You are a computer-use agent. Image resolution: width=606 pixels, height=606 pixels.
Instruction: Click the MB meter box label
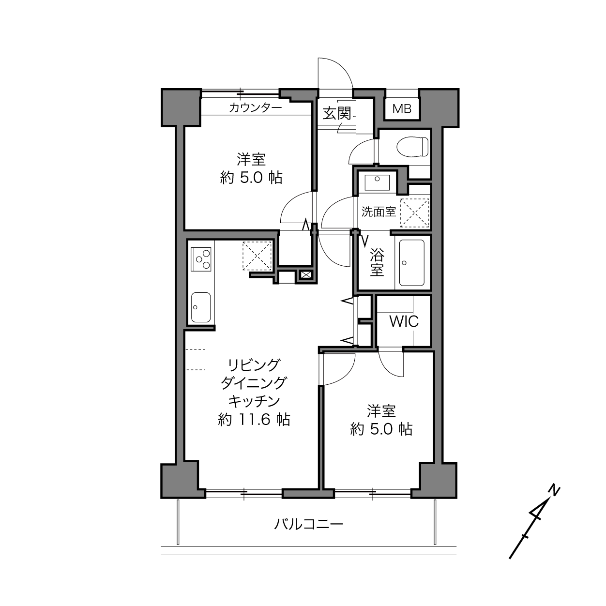402,109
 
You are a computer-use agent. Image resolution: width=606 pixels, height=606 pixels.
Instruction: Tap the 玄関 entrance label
337,113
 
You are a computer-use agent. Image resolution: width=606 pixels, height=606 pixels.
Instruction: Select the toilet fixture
412,147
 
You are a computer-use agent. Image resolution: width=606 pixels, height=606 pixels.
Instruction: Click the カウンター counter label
255,107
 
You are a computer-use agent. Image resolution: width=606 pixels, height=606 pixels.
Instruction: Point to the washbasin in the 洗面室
377,182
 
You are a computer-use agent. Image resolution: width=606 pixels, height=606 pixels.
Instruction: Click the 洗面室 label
379,212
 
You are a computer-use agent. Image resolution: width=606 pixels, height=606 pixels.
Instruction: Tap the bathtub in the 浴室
411,263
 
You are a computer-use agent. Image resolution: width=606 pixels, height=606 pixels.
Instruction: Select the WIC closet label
404,321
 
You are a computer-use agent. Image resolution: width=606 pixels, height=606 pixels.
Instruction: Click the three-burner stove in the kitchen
201,259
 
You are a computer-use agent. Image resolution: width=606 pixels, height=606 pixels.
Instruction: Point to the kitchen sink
201,307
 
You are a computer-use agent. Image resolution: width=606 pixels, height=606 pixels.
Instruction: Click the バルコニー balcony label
308,524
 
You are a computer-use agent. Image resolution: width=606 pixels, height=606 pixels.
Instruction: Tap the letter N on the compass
554,491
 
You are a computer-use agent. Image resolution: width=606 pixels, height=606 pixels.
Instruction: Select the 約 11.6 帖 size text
254,419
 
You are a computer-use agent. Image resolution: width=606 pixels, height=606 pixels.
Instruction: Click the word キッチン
254,401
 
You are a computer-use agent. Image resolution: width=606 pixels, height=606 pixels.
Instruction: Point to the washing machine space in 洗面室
414,213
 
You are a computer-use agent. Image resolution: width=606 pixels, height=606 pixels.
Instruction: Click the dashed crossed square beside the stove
257,256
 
